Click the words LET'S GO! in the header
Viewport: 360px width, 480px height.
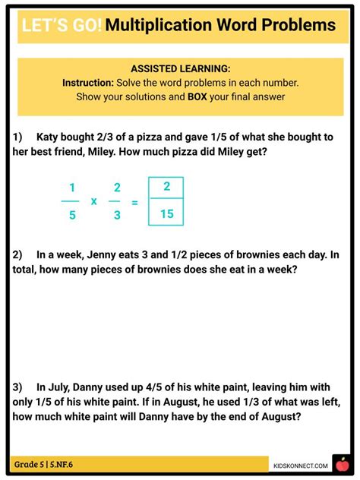61,25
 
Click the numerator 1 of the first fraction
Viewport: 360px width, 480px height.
72,188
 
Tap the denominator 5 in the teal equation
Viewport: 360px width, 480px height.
72,215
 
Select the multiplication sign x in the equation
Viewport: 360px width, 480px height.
94,201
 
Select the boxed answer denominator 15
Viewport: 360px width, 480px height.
166,214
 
